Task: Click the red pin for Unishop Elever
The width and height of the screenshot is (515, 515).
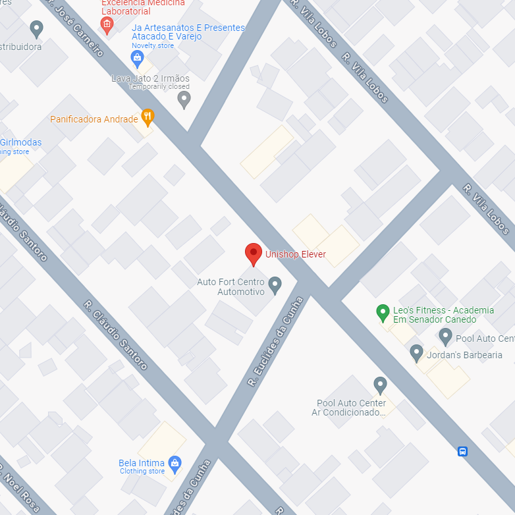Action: (254, 254)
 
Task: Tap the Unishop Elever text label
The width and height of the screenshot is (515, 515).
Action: (295, 254)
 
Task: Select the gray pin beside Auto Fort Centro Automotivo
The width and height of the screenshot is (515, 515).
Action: (275, 285)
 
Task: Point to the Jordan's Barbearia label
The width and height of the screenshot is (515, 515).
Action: (464, 355)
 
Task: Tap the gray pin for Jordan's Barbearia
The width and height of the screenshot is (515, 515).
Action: (416, 353)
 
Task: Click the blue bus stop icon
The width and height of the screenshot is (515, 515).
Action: (463, 451)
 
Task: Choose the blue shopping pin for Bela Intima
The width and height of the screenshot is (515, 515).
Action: (175, 464)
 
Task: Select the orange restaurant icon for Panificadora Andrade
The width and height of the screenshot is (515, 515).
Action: (148, 117)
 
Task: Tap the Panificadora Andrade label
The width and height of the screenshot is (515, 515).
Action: (94, 119)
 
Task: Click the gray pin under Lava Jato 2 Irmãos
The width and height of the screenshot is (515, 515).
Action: (184, 99)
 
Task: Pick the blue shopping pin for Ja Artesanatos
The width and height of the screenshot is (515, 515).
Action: (137, 59)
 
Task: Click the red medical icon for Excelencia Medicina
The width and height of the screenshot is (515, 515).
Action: (107, 25)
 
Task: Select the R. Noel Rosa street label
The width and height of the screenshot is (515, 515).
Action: (18, 487)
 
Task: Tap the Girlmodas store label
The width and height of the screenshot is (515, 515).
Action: (20, 143)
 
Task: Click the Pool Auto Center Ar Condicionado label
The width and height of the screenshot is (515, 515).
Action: (351, 408)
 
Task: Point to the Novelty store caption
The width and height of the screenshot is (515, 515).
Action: (153, 46)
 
